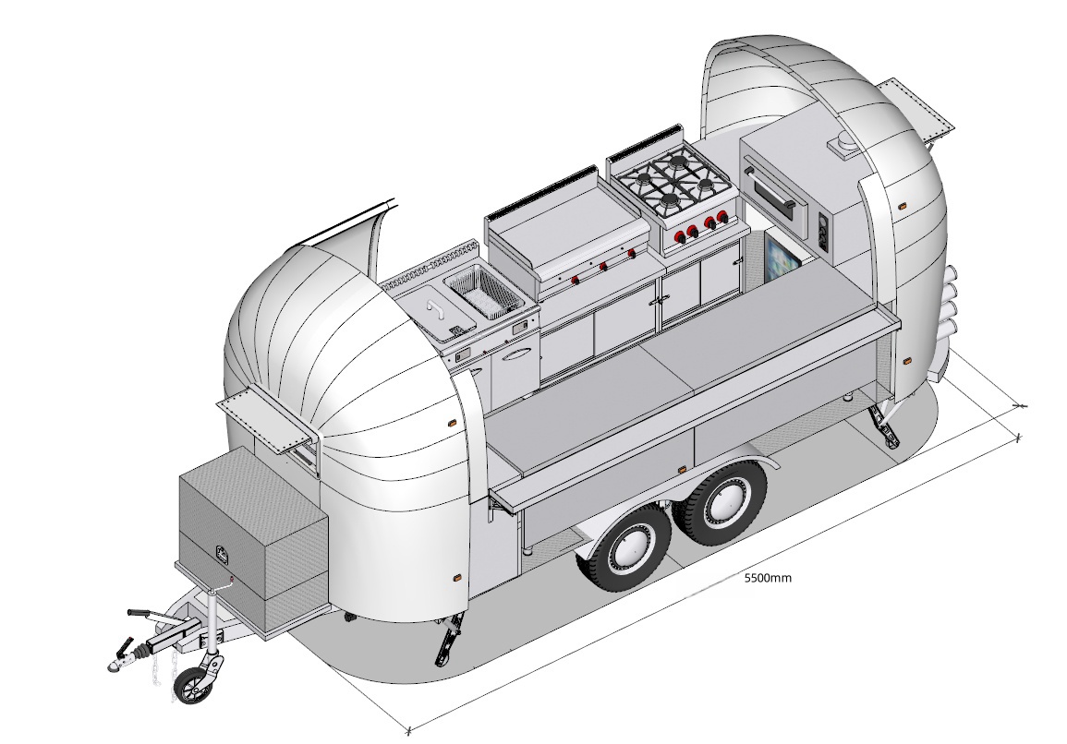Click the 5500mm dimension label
point(768,578)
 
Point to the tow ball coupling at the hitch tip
point(115,663)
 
